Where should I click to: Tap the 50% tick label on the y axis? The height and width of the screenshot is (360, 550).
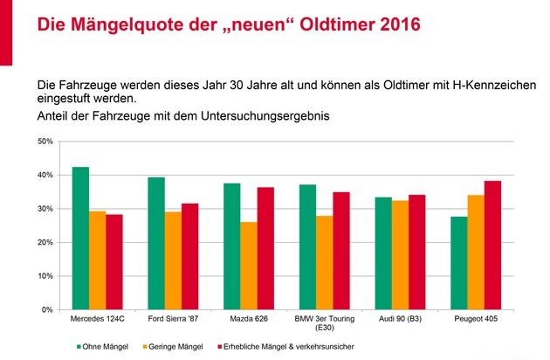(x=45, y=141)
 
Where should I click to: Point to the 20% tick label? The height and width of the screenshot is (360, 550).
(x=45, y=242)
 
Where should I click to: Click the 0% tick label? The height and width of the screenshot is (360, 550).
(x=48, y=309)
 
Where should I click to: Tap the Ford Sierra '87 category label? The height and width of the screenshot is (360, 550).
(x=173, y=321)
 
